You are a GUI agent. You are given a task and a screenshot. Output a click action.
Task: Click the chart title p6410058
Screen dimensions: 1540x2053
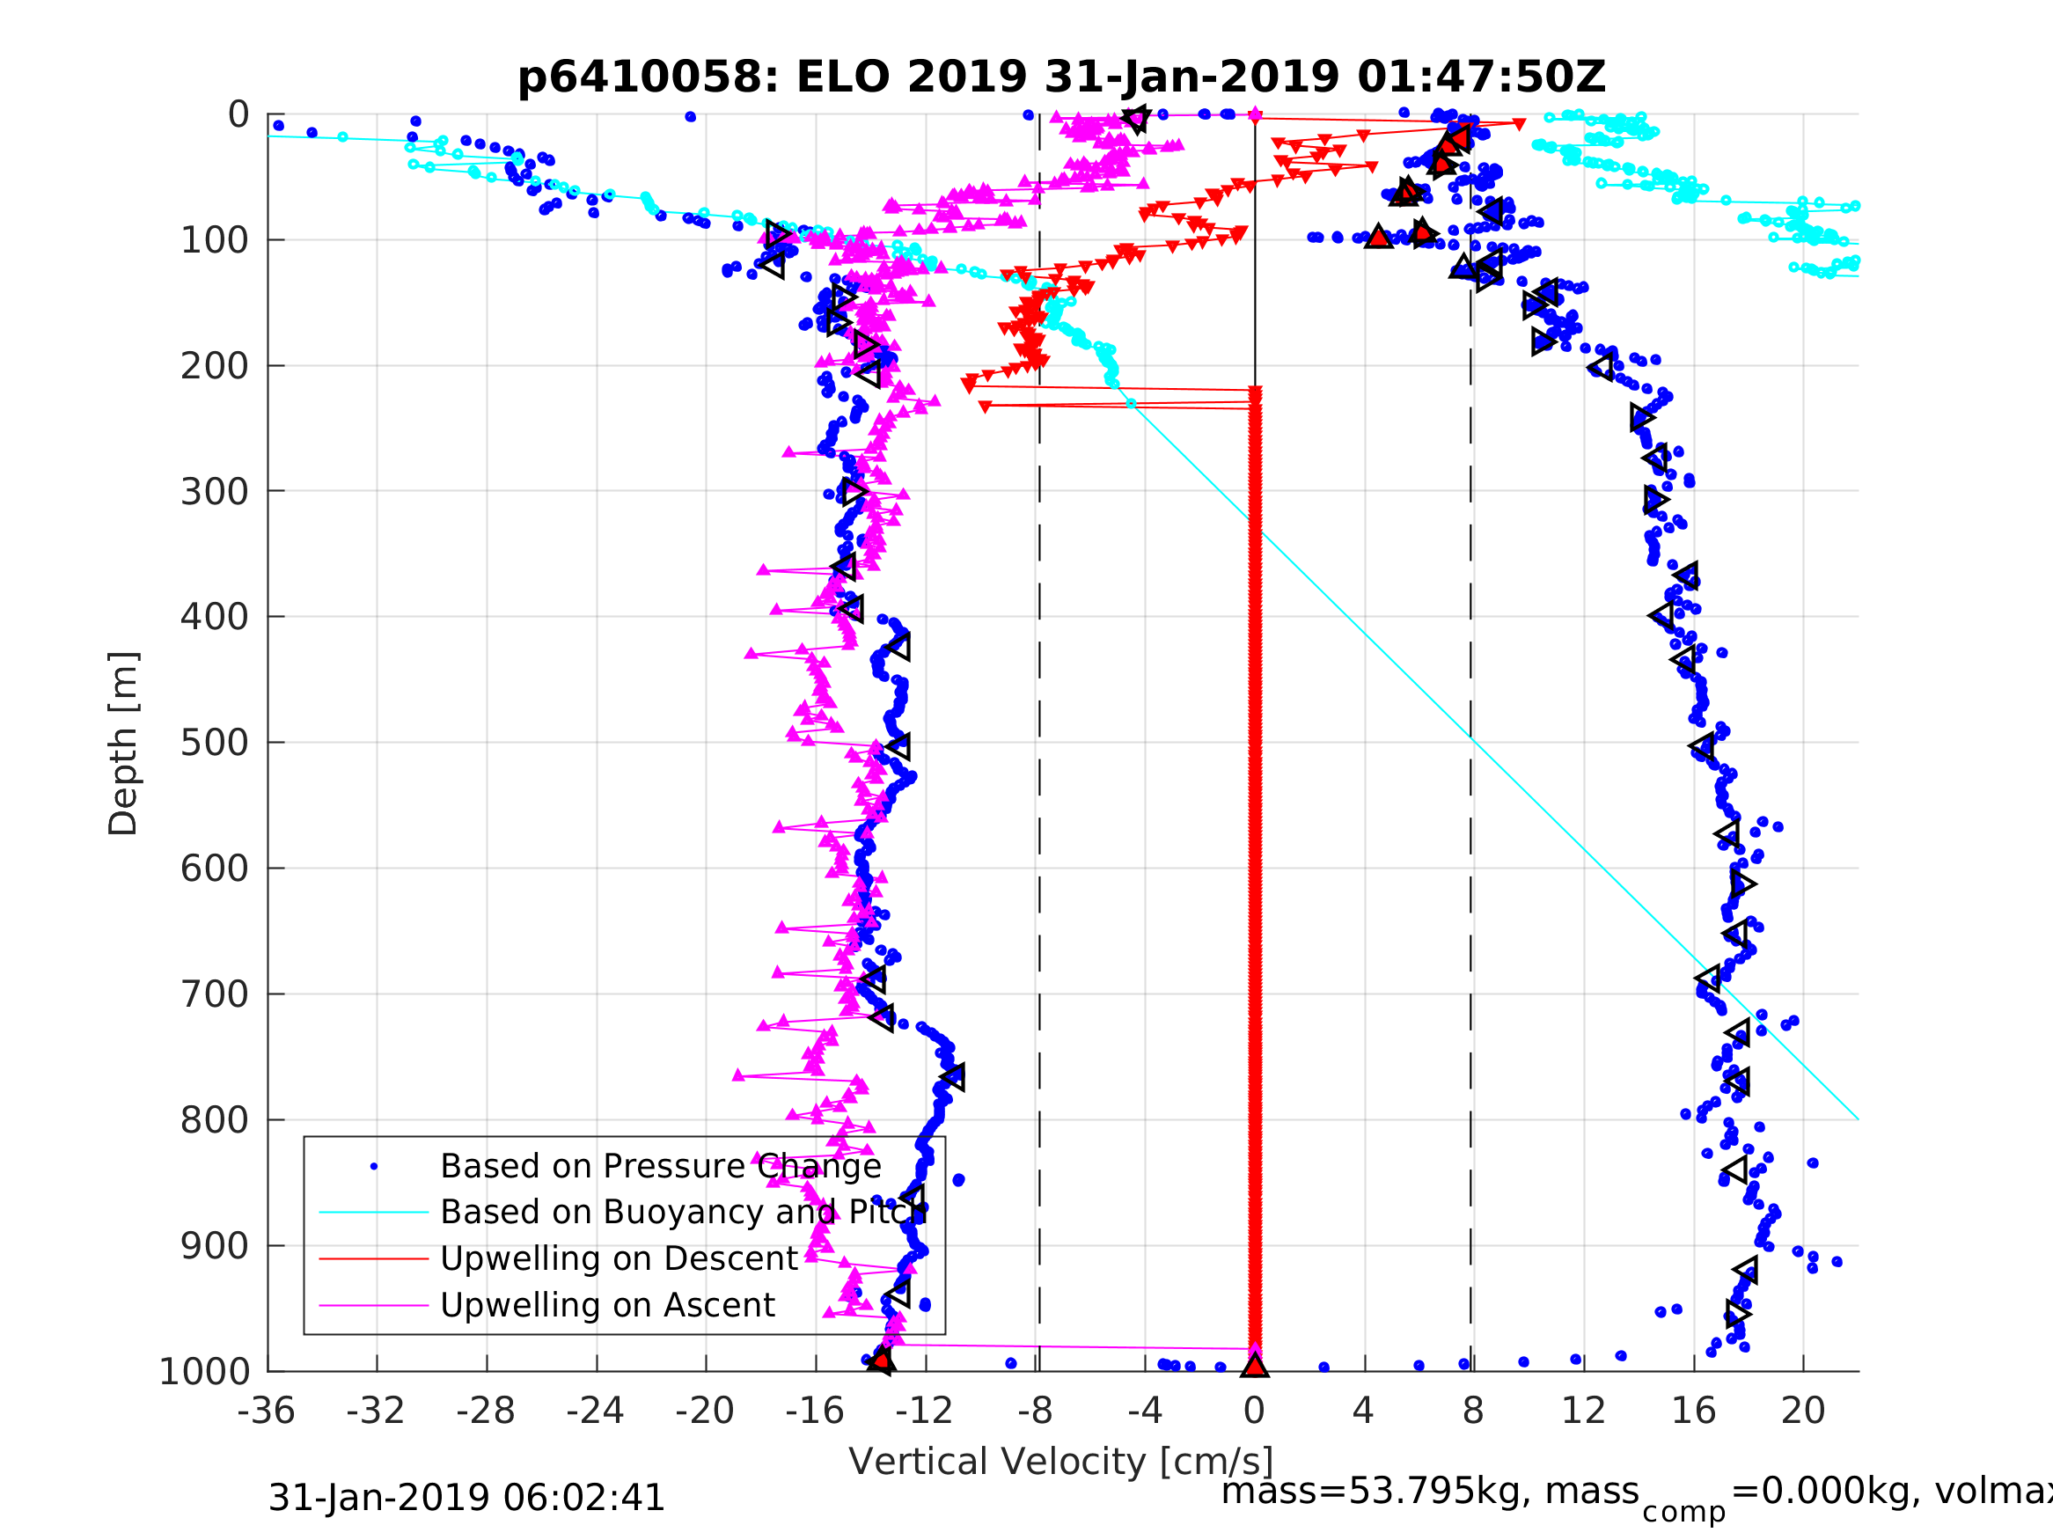pyautogui.click(x=1061, y=77)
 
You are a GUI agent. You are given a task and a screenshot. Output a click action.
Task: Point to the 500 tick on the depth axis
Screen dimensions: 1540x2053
pyautogui.click(x=214, y=744)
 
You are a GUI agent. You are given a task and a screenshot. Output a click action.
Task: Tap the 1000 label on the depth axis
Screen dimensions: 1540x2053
pyautogui.click(x=204, y=1372)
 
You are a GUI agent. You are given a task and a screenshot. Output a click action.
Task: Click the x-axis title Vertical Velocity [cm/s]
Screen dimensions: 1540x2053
pyautogui.click(x=1061, y=1462)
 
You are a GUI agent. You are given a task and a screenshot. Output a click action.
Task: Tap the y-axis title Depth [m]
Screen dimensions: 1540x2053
pyautogui.click(x=122, y=744)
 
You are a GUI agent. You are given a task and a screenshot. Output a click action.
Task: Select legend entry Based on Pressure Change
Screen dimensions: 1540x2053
pyautogui.click(x=660, y=1167)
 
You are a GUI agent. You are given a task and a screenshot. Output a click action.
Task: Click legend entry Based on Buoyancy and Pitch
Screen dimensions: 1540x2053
pyautogui.click(x=683, y=1213)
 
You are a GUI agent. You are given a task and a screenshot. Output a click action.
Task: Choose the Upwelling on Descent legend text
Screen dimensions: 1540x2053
pyautogui.click(x=618, y=1258)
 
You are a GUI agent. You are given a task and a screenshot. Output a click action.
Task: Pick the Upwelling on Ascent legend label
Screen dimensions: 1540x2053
pyautogui.click(x=607, y=1305)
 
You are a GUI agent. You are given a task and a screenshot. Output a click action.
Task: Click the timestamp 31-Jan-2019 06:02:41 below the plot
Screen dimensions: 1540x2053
pyautogui.click(x=466, y=1499)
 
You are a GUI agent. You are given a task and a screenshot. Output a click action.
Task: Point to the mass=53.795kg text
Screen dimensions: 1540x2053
pyautogui.click(x=1429, y=1492)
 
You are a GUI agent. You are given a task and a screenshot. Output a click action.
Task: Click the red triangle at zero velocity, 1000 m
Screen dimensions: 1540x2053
pyautogui.click(x=1254, y=1367)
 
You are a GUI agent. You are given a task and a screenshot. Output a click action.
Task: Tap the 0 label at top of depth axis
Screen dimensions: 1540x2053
pyautogui.click(x=238, y=115)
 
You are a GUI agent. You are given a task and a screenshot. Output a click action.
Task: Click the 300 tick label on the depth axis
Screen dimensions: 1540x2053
pyautogui.click(x=214, y=492)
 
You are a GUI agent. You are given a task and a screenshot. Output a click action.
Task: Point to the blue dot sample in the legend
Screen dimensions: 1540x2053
pyautogui.click(x=374, y=1167)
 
